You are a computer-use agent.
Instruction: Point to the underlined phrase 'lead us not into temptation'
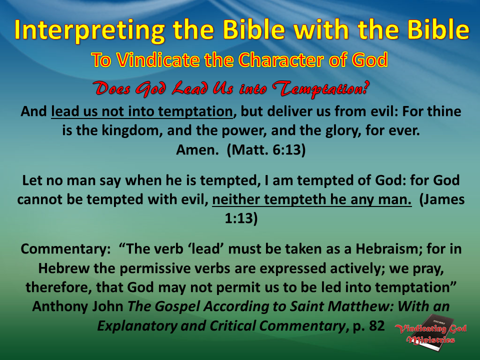coord(142,112)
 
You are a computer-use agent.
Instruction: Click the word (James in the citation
coord(442,199)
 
